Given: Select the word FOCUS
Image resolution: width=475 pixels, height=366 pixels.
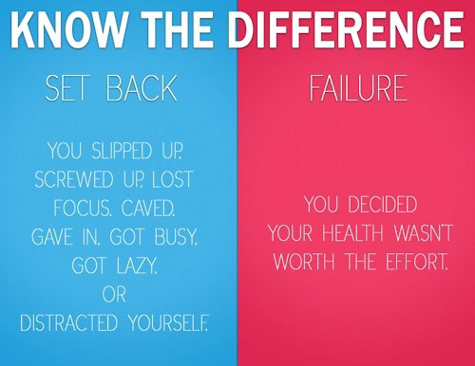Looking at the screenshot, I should [x=84, y=208].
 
